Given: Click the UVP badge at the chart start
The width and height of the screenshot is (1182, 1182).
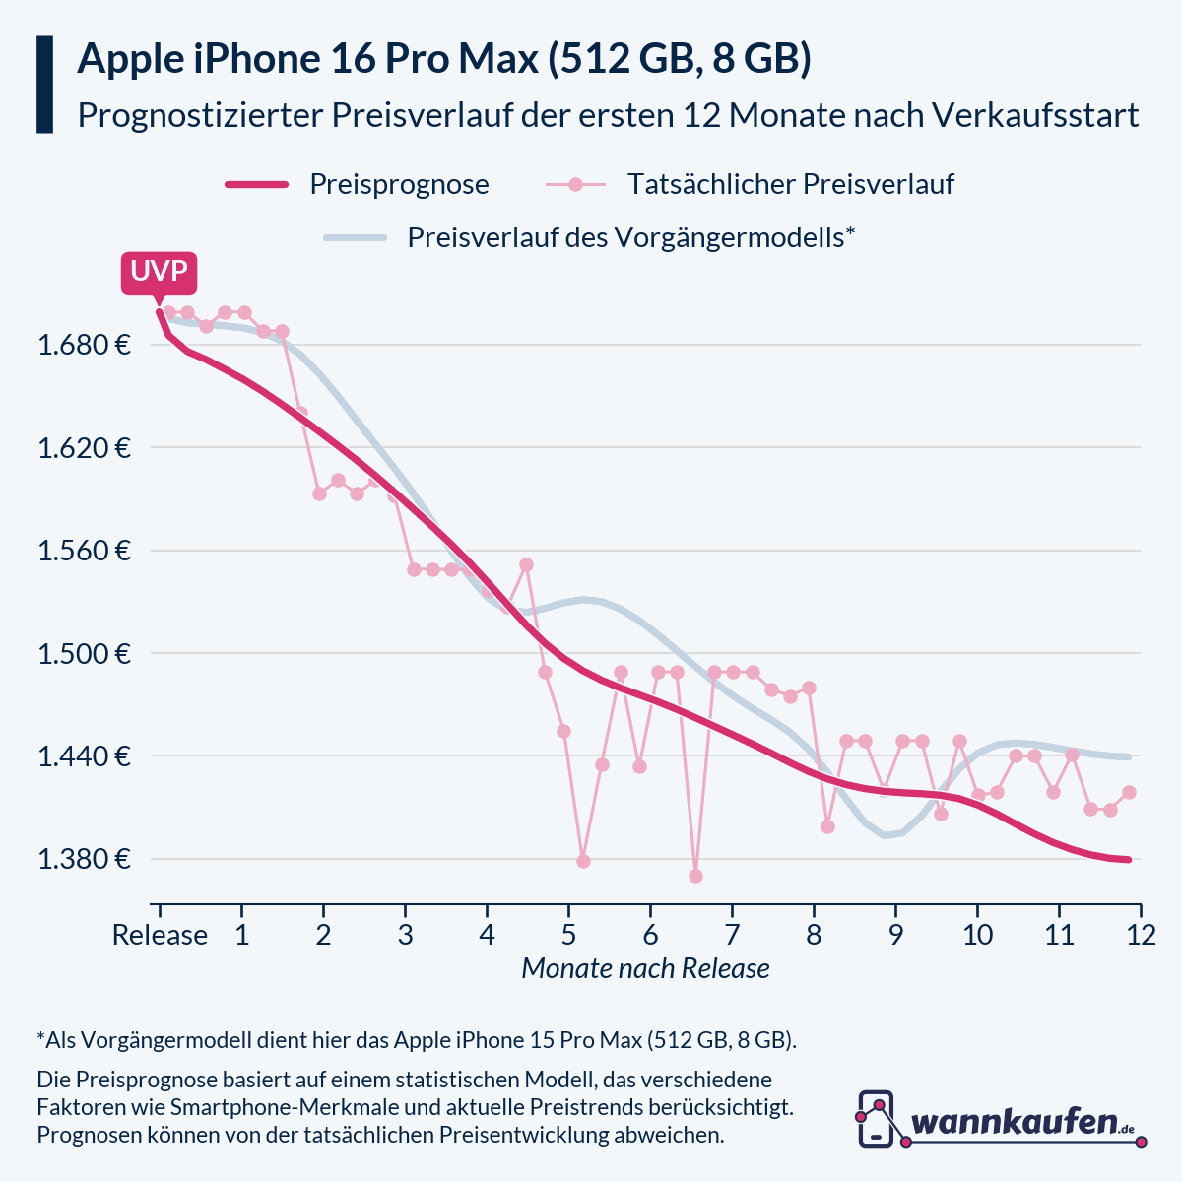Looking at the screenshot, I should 159,272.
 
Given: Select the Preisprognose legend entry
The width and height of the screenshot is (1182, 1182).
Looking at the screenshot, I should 398,184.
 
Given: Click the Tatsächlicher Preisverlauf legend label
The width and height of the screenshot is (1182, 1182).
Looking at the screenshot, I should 790,184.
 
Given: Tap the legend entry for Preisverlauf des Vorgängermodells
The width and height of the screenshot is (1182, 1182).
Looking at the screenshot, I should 630,237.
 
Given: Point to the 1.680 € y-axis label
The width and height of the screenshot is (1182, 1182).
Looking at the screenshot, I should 85,346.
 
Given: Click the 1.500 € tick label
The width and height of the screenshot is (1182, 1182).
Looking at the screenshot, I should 85,654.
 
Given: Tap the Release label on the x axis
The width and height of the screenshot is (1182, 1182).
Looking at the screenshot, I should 160,935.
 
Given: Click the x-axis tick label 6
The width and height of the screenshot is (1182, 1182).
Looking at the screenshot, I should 650,935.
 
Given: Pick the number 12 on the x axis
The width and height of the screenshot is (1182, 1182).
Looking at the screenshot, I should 1140,935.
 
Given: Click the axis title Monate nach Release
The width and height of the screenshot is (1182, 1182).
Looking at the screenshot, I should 645,968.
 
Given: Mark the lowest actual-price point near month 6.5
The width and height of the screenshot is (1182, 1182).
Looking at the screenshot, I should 695,876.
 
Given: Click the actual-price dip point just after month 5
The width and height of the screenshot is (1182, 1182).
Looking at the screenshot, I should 583,861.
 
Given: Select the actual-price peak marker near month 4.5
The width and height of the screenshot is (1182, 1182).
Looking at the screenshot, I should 526,564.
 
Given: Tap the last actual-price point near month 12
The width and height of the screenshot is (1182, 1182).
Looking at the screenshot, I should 1130,792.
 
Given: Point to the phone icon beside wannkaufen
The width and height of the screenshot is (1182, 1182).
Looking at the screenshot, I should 876,1119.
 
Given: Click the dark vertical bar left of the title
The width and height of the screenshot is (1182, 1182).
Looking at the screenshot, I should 44,85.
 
